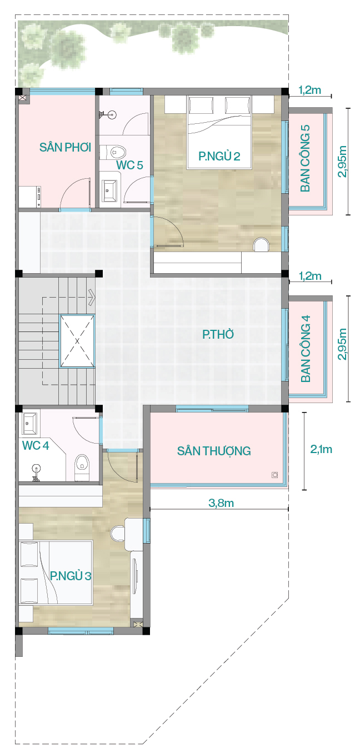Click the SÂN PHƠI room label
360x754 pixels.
pos(66,147)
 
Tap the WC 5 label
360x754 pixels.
pos(129,165)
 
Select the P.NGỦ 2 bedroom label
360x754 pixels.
pos(219,156)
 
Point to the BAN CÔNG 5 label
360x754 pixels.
pos(305,158)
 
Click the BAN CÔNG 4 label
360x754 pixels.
pos(306,349)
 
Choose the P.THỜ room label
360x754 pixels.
pos(218,334)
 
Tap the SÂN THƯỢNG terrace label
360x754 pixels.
pos(214,451)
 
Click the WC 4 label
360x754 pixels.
pos(36,445)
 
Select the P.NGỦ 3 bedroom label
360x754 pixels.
pos(71,576)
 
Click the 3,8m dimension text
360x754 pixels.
pos(221,503)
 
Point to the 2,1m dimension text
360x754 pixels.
pos(321,449)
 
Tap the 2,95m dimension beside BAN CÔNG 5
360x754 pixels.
pos(342,161)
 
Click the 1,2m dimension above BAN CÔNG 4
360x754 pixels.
pos(310,276)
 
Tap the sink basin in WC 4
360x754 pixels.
pos(31,423)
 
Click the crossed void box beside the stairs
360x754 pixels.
pos(77,341)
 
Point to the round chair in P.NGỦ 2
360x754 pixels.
pos(261,244)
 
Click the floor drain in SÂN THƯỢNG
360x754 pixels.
pos(275,475)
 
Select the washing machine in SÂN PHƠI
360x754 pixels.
pos(30,197)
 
